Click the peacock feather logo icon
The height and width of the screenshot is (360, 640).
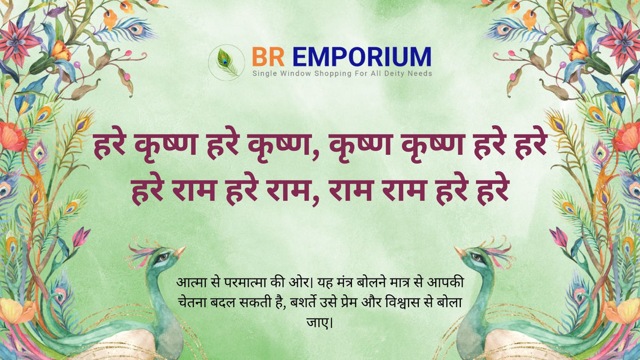coord(226,62)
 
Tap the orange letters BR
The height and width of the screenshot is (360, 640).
coord(268,57)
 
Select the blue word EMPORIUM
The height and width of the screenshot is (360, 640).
coord(362,57)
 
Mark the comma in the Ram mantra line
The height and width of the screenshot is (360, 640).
coord(315,201)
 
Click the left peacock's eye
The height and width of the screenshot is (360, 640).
coord(163,257)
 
